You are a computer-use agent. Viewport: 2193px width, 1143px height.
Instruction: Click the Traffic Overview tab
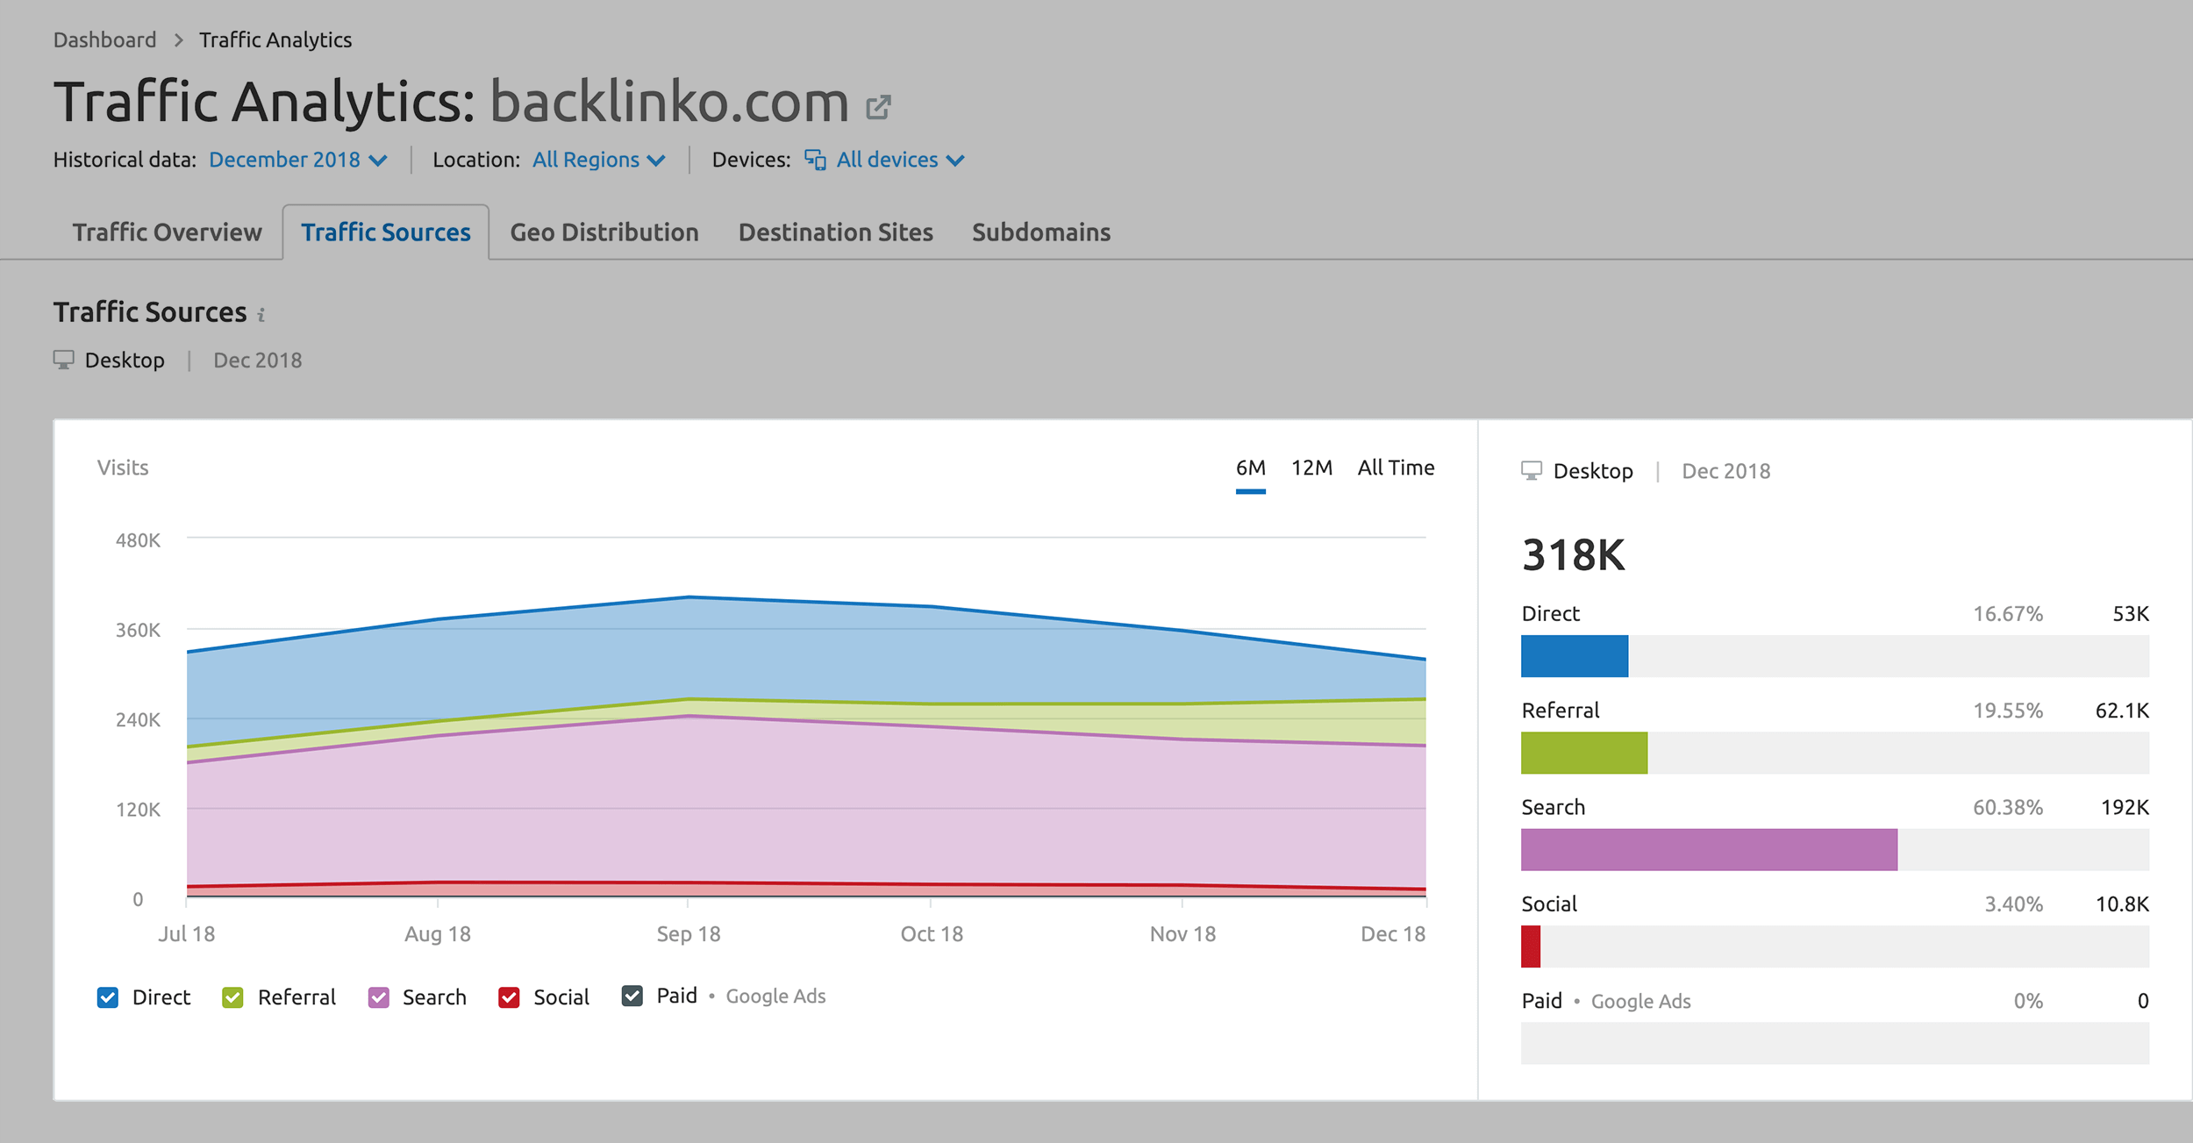click(x=167, y=232)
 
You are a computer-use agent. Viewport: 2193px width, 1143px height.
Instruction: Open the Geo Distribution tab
click(x=604, y=232)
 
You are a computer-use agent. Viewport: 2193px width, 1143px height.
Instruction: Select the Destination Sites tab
click(x=835, y=232)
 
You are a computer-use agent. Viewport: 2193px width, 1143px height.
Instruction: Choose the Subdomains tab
click(x=1040, y=232)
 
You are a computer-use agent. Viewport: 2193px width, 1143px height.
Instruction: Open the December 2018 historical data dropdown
click(x=297, y=160)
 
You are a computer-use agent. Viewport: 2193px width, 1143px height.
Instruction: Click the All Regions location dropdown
click(x=598, y=160)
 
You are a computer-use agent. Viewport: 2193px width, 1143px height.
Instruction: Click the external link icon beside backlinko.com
click(x=878, y=107)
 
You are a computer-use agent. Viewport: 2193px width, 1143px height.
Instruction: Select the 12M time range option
click(x=1311, y=468)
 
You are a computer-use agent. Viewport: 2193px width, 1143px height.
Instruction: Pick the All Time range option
click(x=1396, y=468)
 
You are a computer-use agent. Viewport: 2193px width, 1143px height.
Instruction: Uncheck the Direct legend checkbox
click(x=108, y=997)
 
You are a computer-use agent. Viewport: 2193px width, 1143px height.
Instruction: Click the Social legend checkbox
click(x=509, y=997)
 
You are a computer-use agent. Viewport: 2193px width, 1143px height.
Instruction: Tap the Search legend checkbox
click(x=379, y=997)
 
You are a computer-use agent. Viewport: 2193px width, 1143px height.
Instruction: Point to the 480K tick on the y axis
click(x=138, y=540)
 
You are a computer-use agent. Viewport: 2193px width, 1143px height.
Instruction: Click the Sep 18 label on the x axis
click(x=689, y=934)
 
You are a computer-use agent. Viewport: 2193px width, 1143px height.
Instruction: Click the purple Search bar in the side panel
click(x=1709, y=849)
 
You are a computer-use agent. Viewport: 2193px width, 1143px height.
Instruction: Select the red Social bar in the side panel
click(x=1531, y=947)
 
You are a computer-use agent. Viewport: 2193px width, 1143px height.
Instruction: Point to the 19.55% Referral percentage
click(x=2007, y=711)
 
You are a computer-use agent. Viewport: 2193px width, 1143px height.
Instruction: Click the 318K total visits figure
click(x=1574, y=555)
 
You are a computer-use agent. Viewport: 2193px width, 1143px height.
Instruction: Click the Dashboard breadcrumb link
click(x=104, y=40)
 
